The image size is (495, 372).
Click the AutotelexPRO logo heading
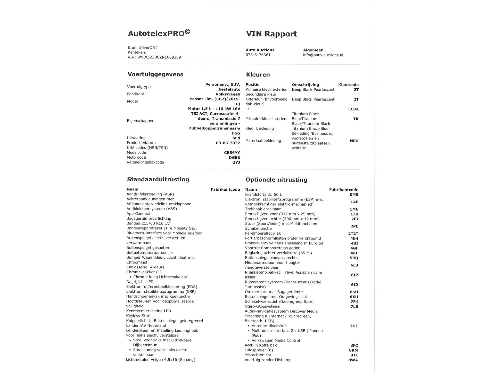159,33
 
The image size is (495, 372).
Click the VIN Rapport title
271,34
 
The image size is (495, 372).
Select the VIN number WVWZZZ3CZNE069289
159,57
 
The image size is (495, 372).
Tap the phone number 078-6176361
258,55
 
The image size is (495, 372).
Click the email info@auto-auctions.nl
323,55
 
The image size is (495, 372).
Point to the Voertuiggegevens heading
155,74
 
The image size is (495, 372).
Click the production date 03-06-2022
228,143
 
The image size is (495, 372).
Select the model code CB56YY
232,153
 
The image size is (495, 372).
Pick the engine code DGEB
234,158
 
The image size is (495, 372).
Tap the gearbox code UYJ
236,162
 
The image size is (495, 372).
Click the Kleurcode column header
348,85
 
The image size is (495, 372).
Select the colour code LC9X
353,109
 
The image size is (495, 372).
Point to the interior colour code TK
356,119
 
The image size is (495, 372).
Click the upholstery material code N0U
354,141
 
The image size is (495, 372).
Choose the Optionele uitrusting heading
276,180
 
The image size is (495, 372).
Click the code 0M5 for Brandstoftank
354,195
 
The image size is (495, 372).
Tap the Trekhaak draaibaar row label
263,209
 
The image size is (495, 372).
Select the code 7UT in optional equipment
354,326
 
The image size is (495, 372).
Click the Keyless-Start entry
138,316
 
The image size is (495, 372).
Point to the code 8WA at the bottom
353,360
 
